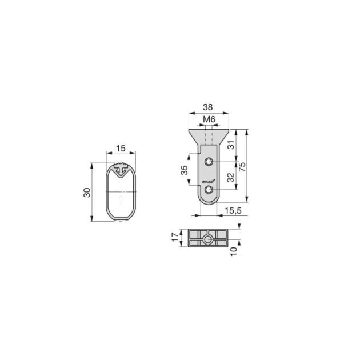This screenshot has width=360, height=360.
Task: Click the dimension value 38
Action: (x=209, y=107)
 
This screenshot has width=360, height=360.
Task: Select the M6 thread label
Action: (x=209, y=119)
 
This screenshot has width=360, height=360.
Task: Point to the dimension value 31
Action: (x=231, y=145)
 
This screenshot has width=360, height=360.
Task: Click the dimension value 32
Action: (x=231, y=178)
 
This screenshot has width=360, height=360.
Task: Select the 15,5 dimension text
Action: (x=233, y=211)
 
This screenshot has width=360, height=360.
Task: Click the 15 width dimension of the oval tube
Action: (x=120, y=148)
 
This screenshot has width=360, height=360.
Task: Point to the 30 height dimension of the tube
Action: (x=86, y=193)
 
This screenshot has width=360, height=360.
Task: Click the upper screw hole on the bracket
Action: (x=210, y=161)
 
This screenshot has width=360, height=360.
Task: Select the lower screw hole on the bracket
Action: (x=210, y=189)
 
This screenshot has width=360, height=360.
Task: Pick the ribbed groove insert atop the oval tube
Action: (x=121, y=168)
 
